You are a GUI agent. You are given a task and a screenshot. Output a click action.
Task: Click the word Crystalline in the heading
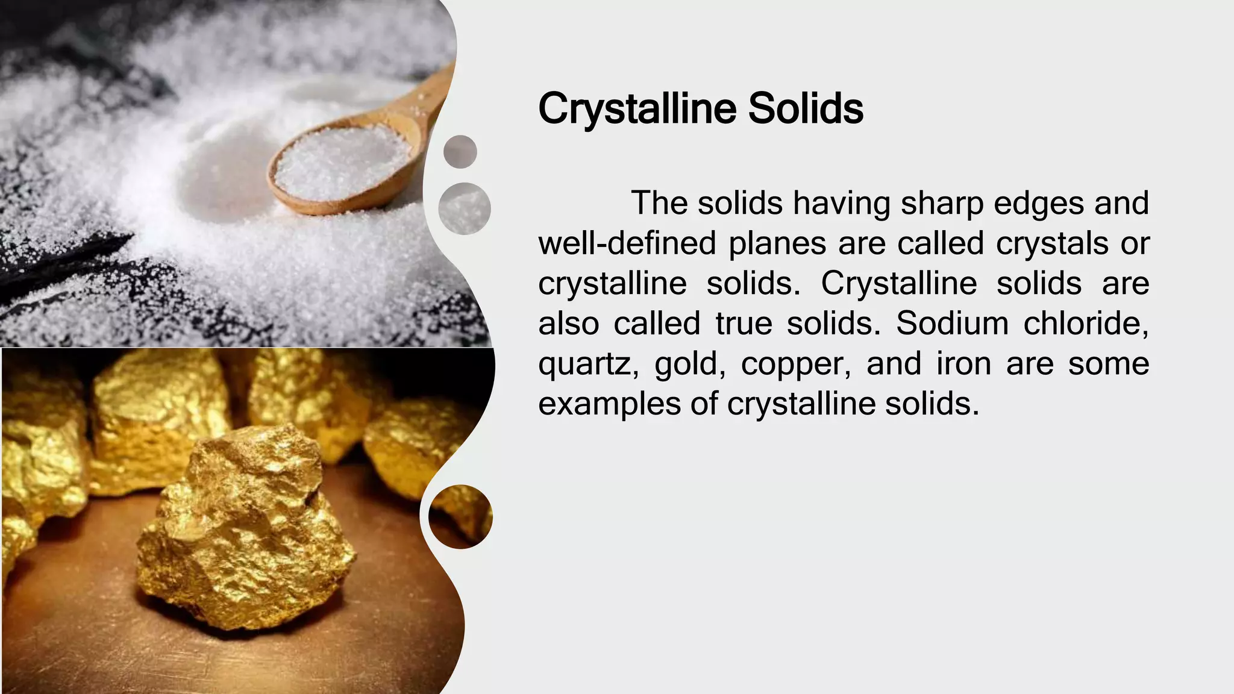click(x=637, y=109)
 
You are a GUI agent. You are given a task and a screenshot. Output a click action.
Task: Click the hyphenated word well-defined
click(x=627, y=243)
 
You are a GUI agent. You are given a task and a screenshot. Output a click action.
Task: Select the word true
click(x=744, y=324)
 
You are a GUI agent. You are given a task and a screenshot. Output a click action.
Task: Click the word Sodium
click(x=952, y=324)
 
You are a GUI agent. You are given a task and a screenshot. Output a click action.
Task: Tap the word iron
click(x=963, y=363)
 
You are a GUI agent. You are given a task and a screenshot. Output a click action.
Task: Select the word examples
click(x=609, y=404)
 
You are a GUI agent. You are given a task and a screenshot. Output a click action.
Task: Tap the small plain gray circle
click(x=460, y=151)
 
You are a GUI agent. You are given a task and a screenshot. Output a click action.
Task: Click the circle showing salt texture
click(x=464, y=208)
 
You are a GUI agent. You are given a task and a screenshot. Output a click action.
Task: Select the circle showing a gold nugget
click(x=461, y=516)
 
